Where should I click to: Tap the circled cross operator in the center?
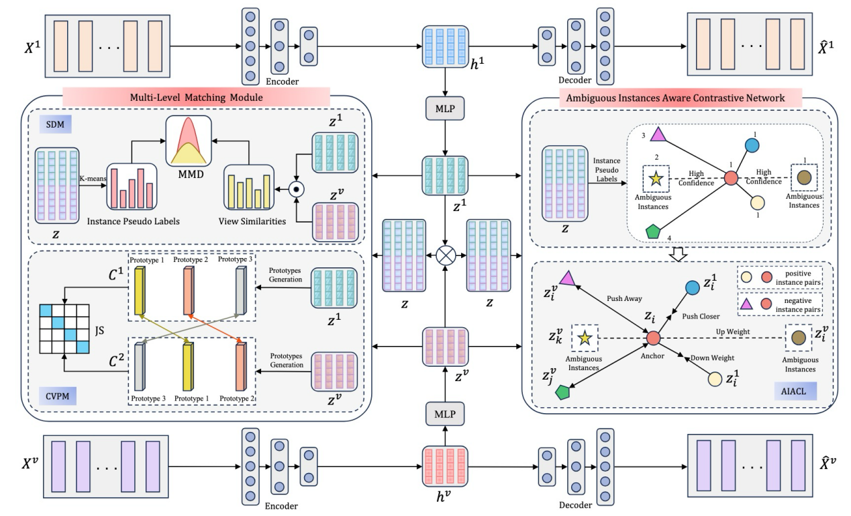[x=445, y=257]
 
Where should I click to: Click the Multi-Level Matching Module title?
[x=195, y=97]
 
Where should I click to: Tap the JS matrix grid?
[x=64, y=329]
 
